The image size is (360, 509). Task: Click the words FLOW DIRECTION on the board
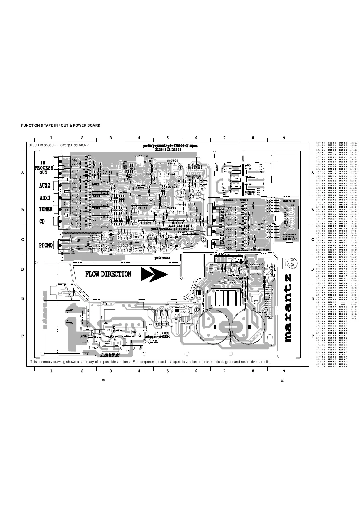[108, 274]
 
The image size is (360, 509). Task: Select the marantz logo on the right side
[288, 308]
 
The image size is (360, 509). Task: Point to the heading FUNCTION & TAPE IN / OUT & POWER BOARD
[60, 125]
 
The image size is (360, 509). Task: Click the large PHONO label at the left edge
[46, 245]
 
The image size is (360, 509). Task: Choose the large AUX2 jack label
[44, 185]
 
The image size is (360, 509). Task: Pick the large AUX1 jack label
[44, 198]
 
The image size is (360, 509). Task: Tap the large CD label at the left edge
[42, 222]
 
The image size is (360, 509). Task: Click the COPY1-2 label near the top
[141, 156]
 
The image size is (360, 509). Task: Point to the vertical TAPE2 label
[222, 214]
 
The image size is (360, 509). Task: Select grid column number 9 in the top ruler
[284, 138]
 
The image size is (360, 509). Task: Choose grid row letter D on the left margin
[22, 269]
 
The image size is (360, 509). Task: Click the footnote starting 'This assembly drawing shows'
[150, 362]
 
